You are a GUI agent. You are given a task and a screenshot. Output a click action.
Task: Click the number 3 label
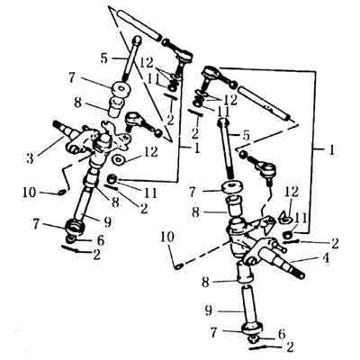pos(30,158)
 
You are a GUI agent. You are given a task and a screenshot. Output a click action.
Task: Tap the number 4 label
pos(326,257)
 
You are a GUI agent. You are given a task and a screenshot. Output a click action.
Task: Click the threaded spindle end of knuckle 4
pos(299,274)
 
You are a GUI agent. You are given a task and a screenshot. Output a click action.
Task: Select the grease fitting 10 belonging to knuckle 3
pos(61,192)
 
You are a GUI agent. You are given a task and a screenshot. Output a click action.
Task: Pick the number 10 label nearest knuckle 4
pos(167,238)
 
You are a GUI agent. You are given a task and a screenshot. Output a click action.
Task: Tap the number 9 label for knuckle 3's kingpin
pos(107,221)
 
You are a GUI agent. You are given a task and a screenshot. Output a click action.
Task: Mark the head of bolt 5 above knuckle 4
pos(223,122)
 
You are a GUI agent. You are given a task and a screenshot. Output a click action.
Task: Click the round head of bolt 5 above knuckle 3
pos(137,40)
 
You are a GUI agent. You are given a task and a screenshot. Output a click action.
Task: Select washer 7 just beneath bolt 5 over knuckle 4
pos(232,187)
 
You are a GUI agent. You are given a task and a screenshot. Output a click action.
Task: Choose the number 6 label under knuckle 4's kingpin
pos(281,334)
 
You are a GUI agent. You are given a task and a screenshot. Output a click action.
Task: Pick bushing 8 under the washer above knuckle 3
pos(117,107)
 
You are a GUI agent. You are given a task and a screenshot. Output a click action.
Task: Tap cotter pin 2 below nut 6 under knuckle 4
pos(259,348)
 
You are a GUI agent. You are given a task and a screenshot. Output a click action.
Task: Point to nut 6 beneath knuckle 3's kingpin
pos(71,238)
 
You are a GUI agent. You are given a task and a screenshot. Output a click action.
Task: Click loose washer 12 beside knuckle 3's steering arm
pos(119,159)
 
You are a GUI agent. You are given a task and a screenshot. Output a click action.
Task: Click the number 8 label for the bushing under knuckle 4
pos(205,283)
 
